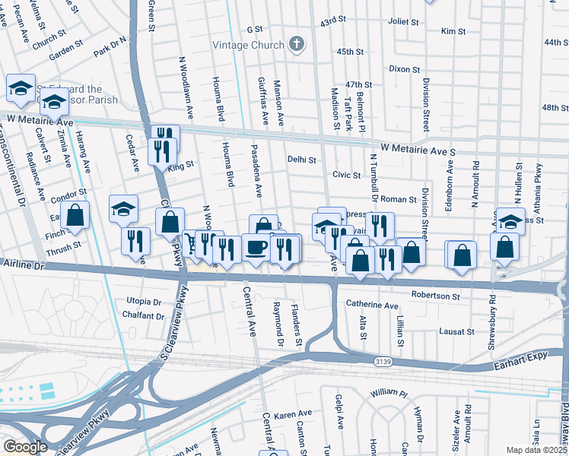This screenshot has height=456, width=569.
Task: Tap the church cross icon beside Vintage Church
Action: pyautogui.click(x=297, y=45)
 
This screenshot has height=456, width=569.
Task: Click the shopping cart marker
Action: pyautogui.click(x=190, y=243)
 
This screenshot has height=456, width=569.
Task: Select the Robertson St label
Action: pyautogui.click(x=436, y=295)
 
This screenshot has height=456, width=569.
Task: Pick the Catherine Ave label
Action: pyautogui.click(x=372, y=306)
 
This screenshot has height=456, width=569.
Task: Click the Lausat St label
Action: pyautogui.click(x=456, y=331)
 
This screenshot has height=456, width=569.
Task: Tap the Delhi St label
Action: pyautogui.click(x=302, y=160)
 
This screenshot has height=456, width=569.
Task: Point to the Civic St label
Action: pyautogui.click(x=346, y=175)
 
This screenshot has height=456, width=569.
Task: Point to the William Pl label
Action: pyautogui.click(x=389, y=393)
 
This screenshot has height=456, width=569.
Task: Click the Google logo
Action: pyautogui.click(x=25, y=446)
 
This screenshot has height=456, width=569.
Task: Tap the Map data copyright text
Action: pyautogui.click(x=537, y=450)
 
